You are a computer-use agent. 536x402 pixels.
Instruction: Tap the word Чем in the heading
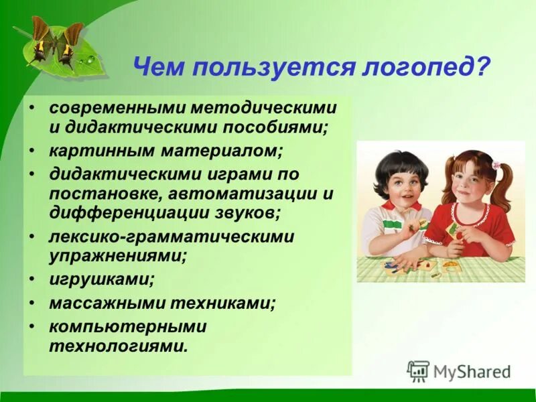pos(159,68)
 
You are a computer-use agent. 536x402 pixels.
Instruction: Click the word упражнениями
pos(117,255)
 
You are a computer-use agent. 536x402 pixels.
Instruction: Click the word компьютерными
pos(127,328)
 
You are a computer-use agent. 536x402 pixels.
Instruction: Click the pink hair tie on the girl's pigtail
pos(497,164)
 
